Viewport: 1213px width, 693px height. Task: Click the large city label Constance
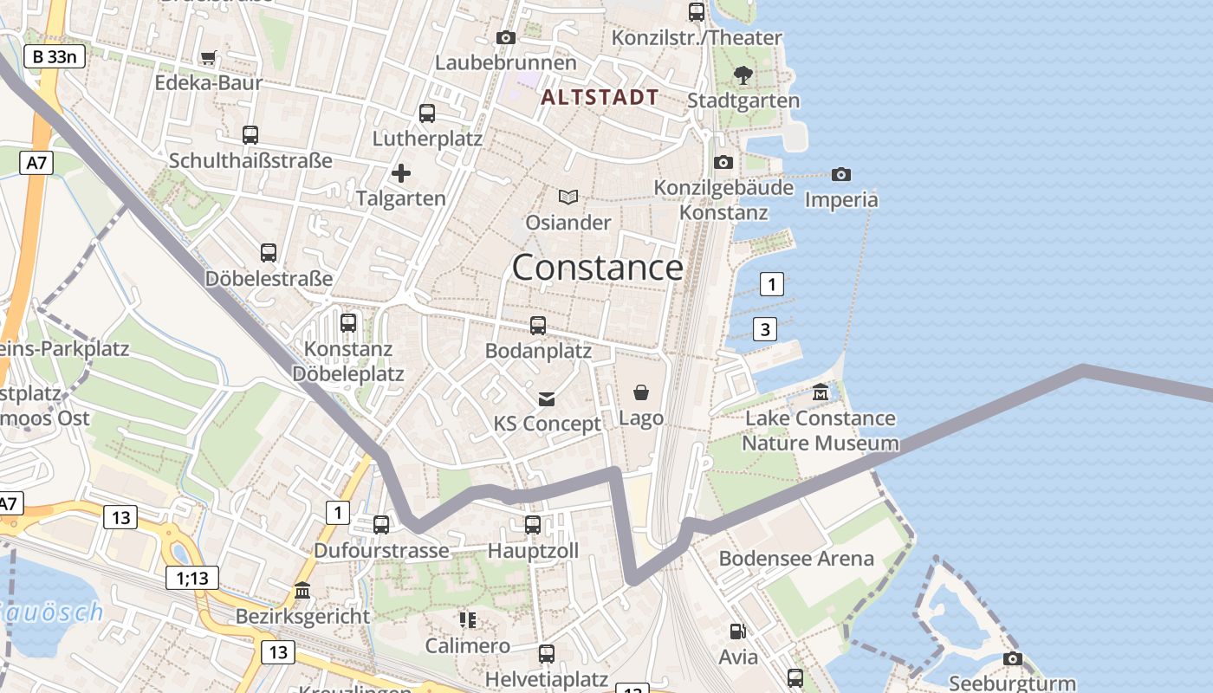click(597, 268)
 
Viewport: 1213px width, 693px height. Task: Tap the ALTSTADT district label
click(600, 97)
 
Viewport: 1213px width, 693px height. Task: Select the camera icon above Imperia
click(840, 175)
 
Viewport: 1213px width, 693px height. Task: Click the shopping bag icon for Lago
click(641, 393)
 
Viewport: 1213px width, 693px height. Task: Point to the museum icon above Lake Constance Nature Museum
click(821, 393)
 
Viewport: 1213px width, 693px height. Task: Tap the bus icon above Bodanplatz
click(538, 326)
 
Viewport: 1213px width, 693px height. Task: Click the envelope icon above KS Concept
click(547, 398)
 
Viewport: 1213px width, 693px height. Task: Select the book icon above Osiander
click(568, 198)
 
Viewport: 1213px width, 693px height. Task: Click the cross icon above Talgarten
click(401, 173)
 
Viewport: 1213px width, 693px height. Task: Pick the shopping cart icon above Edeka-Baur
click(208, 58)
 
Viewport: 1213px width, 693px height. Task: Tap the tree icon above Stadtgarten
click(743, 75)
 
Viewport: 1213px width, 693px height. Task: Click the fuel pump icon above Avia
click(737, 632)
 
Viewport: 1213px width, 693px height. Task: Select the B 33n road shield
click(54, 57)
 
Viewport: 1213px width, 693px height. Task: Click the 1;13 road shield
click(192, 578)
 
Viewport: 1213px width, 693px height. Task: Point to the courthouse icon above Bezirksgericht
click(302, 591)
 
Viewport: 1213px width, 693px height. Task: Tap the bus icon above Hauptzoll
click(533, 525)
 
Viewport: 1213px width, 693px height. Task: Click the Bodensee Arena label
click(796, 559)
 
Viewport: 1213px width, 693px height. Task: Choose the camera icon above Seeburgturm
click(1012, 659)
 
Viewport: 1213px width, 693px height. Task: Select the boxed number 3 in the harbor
click(764, 329)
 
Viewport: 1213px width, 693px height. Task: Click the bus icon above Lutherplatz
click(426, 113)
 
